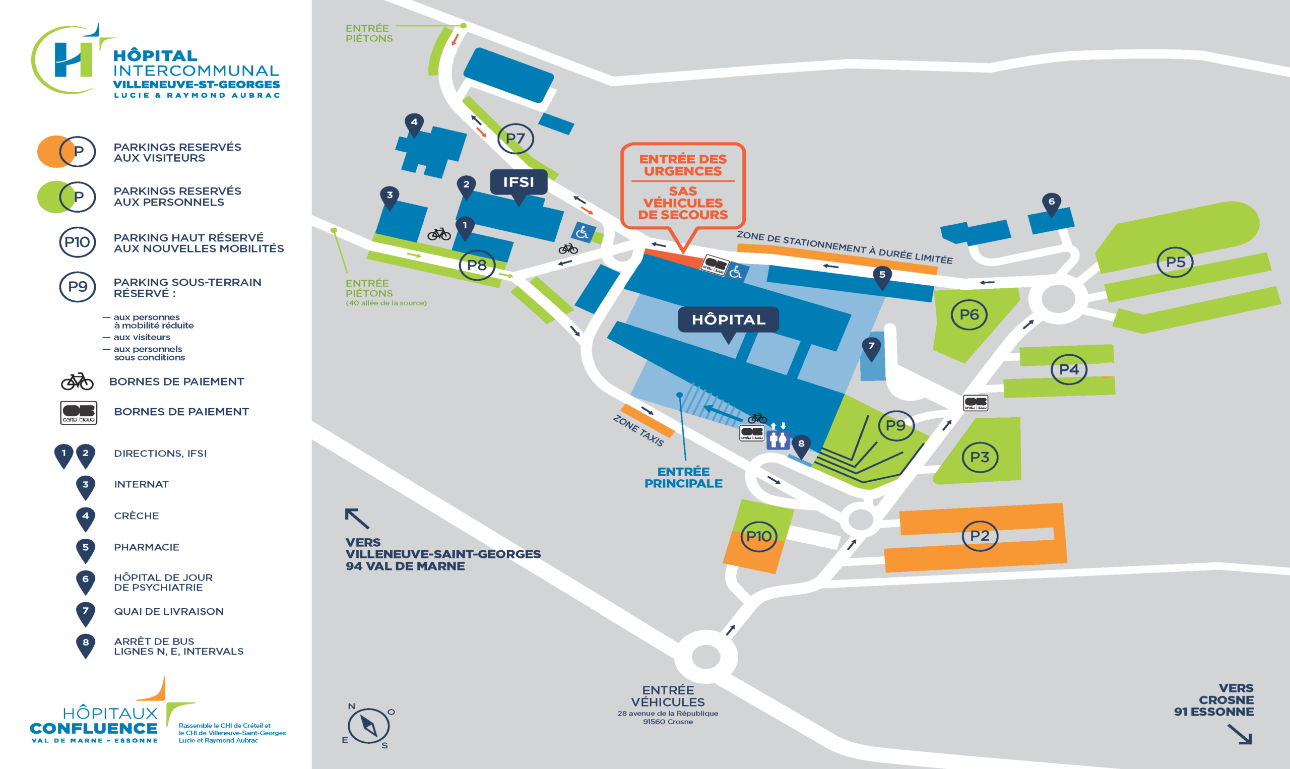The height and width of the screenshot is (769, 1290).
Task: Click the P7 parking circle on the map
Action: pos(515,139)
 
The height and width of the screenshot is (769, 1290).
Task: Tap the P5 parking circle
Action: pos(1175,262)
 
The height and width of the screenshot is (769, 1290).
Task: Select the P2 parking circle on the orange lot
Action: pos(980,536)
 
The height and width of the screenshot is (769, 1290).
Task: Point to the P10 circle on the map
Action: pos(759,536)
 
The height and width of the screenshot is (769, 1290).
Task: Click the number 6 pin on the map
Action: pos(1051,204)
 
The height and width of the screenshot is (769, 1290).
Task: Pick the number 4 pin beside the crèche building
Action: pos(414,125)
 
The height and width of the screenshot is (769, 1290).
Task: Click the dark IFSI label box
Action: pos(519,184)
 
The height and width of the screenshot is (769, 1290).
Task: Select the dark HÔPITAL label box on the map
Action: pos(729,323)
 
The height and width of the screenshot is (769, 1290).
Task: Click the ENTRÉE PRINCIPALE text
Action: pos(683,477)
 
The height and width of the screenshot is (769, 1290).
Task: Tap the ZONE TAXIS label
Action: pos(638,430)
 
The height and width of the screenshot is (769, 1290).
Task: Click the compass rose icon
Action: pos(368,726)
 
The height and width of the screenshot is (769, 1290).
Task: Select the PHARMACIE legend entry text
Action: pos(147,547)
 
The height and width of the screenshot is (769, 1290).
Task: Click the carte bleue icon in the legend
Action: pos(79,413)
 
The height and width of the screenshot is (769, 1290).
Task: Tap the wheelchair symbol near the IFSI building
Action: pos(583,232)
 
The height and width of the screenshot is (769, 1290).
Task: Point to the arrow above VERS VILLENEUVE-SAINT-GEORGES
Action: pos(357,518)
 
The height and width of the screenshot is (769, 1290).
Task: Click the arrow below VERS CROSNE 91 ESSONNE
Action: pos(1240,734)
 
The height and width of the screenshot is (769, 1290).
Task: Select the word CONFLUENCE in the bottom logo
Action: pos(94,729)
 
